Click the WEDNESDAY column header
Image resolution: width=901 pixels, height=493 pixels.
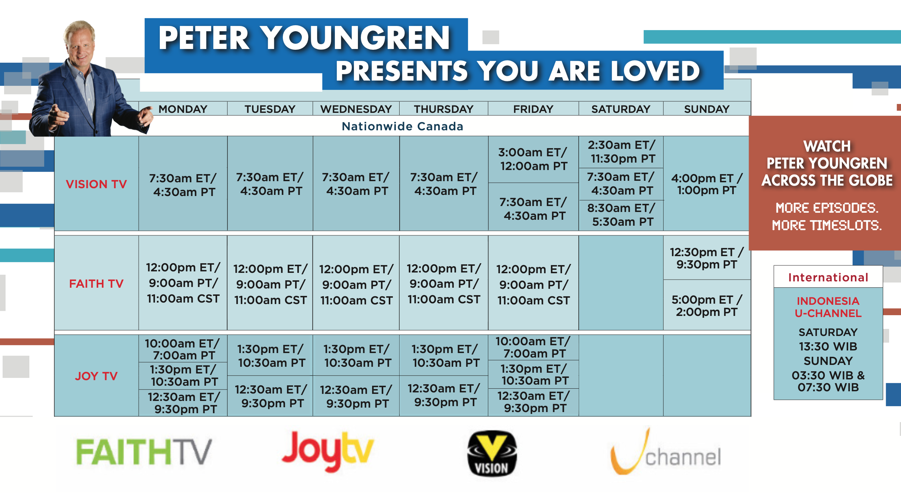click(356, 109)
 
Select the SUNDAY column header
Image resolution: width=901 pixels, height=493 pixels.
click(707, 109)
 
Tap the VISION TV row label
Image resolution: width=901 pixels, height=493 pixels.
click(96, 184)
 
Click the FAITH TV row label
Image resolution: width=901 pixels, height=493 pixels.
click(96, 284)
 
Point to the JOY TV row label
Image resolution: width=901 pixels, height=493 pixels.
click(96, 376)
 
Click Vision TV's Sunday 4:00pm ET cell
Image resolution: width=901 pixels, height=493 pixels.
click(707, 184)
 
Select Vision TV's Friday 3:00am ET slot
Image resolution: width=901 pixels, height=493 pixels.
click(533, 159)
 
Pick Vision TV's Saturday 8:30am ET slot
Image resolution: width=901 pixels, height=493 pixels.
click(621, 215)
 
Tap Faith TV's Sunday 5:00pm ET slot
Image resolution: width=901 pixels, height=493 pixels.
click(707, 306)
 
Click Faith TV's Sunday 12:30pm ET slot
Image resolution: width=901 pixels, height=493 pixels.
click(707, 258)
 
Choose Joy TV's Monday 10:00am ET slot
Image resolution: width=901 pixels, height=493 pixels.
click(183, 349)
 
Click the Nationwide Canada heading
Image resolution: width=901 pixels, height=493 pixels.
click(403, 126)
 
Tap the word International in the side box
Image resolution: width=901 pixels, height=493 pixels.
click(828, 277)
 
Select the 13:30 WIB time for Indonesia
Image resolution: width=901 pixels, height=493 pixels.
click(828, 346)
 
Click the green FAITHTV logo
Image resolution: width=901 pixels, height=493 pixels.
click(144, 452)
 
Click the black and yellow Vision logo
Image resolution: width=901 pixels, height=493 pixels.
click(492, 453)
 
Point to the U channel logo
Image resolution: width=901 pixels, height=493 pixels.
click(666, 452)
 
